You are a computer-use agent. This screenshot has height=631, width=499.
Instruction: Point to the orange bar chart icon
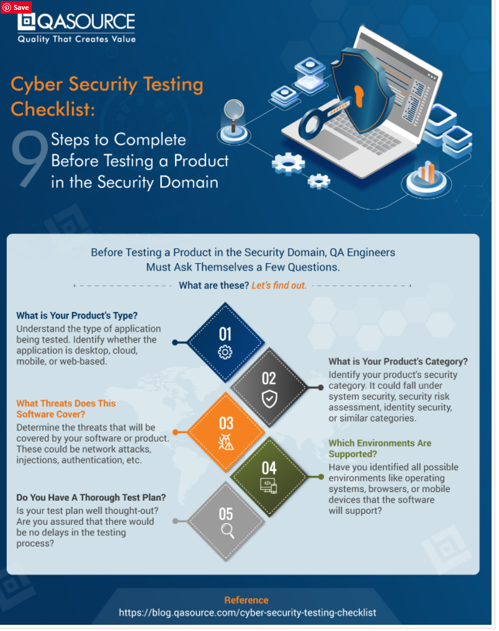pos(428,172)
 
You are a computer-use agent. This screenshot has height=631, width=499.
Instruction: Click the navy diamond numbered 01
pos(225,342)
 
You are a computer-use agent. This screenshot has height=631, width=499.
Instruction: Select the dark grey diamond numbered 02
pos(269,387)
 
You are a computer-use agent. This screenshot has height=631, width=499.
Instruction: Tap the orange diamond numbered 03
pos(225,431)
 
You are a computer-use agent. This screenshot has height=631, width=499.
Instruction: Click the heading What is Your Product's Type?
pos(78,315)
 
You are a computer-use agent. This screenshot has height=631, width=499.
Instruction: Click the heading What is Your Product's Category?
pos(398,362)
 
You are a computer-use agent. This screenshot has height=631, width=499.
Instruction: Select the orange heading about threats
pos(66,408)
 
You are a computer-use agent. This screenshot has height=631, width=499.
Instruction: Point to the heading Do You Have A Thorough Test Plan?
pos(91,498)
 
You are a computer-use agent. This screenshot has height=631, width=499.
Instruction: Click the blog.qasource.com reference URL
pos(247,612)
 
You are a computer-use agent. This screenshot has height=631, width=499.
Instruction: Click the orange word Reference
pos(246,600)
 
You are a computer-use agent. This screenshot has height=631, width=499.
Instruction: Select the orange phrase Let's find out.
pos(279,285)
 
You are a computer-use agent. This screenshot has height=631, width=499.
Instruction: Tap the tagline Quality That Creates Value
pos(76,39)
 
